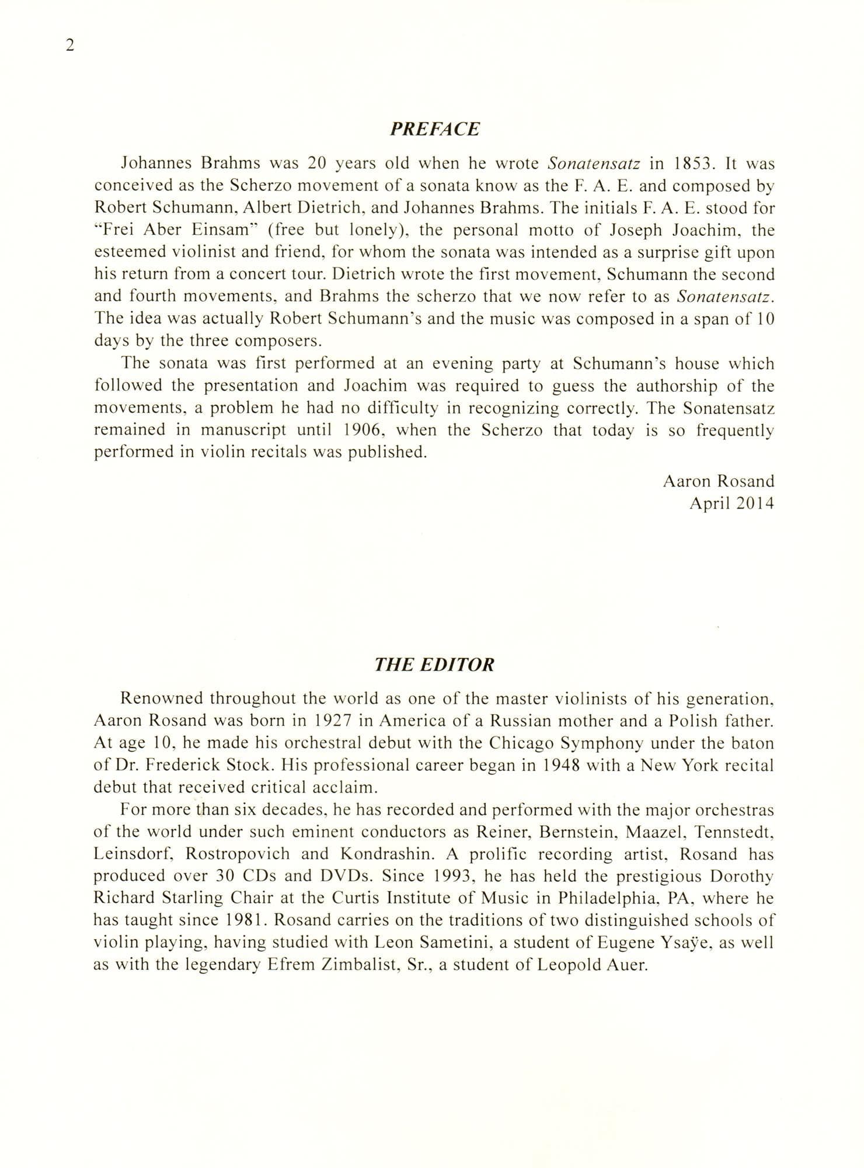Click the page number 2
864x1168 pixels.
pyautogui.click(x=69, y=46)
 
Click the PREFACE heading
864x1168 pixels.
pyautogui.click(x=434, y=129)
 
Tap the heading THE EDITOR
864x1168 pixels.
pyautogui.click(x=434, y=665)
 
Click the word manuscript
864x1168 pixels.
pyautogui.click(x=244, y=430)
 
